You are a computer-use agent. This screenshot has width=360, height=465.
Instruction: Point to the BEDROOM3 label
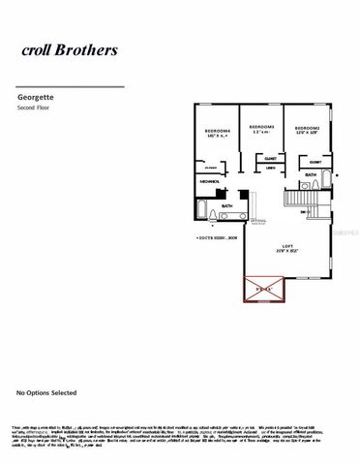pos(262,128)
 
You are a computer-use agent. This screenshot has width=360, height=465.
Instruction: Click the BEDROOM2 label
pos(308,129)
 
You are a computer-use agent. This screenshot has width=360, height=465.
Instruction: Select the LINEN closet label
pos(270,166)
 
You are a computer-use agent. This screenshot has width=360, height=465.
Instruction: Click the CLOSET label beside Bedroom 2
pos(315,162)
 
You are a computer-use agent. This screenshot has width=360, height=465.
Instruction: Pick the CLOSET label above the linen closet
pos(271,156)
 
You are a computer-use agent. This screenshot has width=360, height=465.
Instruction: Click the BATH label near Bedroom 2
pos(311,174)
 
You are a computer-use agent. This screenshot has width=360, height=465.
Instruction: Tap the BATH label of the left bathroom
pos(226,205)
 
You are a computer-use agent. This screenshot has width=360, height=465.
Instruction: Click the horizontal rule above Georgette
pos(71,87)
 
